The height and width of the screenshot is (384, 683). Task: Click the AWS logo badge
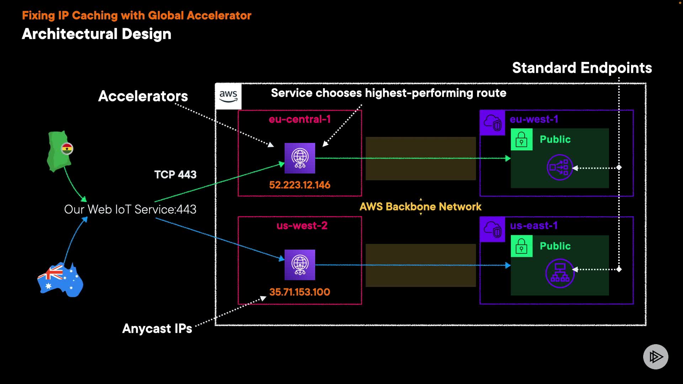click(228, 96)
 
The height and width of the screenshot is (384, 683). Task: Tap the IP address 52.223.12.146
click(300, 185)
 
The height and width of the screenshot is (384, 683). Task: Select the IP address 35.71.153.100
click(300, 292)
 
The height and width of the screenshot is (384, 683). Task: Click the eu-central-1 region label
click(300, 119)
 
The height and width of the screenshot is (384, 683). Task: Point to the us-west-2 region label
click(302, 226)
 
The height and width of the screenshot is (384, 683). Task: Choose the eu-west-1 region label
click(534, 119)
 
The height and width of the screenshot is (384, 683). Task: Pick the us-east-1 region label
click(534, 226)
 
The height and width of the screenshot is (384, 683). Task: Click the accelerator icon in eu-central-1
click(300, 158)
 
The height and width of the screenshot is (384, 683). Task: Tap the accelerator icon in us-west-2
click(300, 265)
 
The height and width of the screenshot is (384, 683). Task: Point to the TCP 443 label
click(175, 175)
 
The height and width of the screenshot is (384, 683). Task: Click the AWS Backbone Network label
click(420, 207)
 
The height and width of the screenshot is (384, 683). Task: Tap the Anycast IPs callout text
click(157, 329)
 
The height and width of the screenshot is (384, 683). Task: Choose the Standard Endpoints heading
click(582, 68)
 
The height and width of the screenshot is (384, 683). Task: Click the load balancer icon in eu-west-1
click(559, 167)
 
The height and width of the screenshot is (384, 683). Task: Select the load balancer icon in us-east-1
click(560, 273)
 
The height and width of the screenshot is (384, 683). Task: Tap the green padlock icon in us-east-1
click(521, 246)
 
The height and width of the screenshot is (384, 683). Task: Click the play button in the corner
click(655, 357)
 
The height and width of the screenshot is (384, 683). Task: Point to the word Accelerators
click(143, 96)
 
